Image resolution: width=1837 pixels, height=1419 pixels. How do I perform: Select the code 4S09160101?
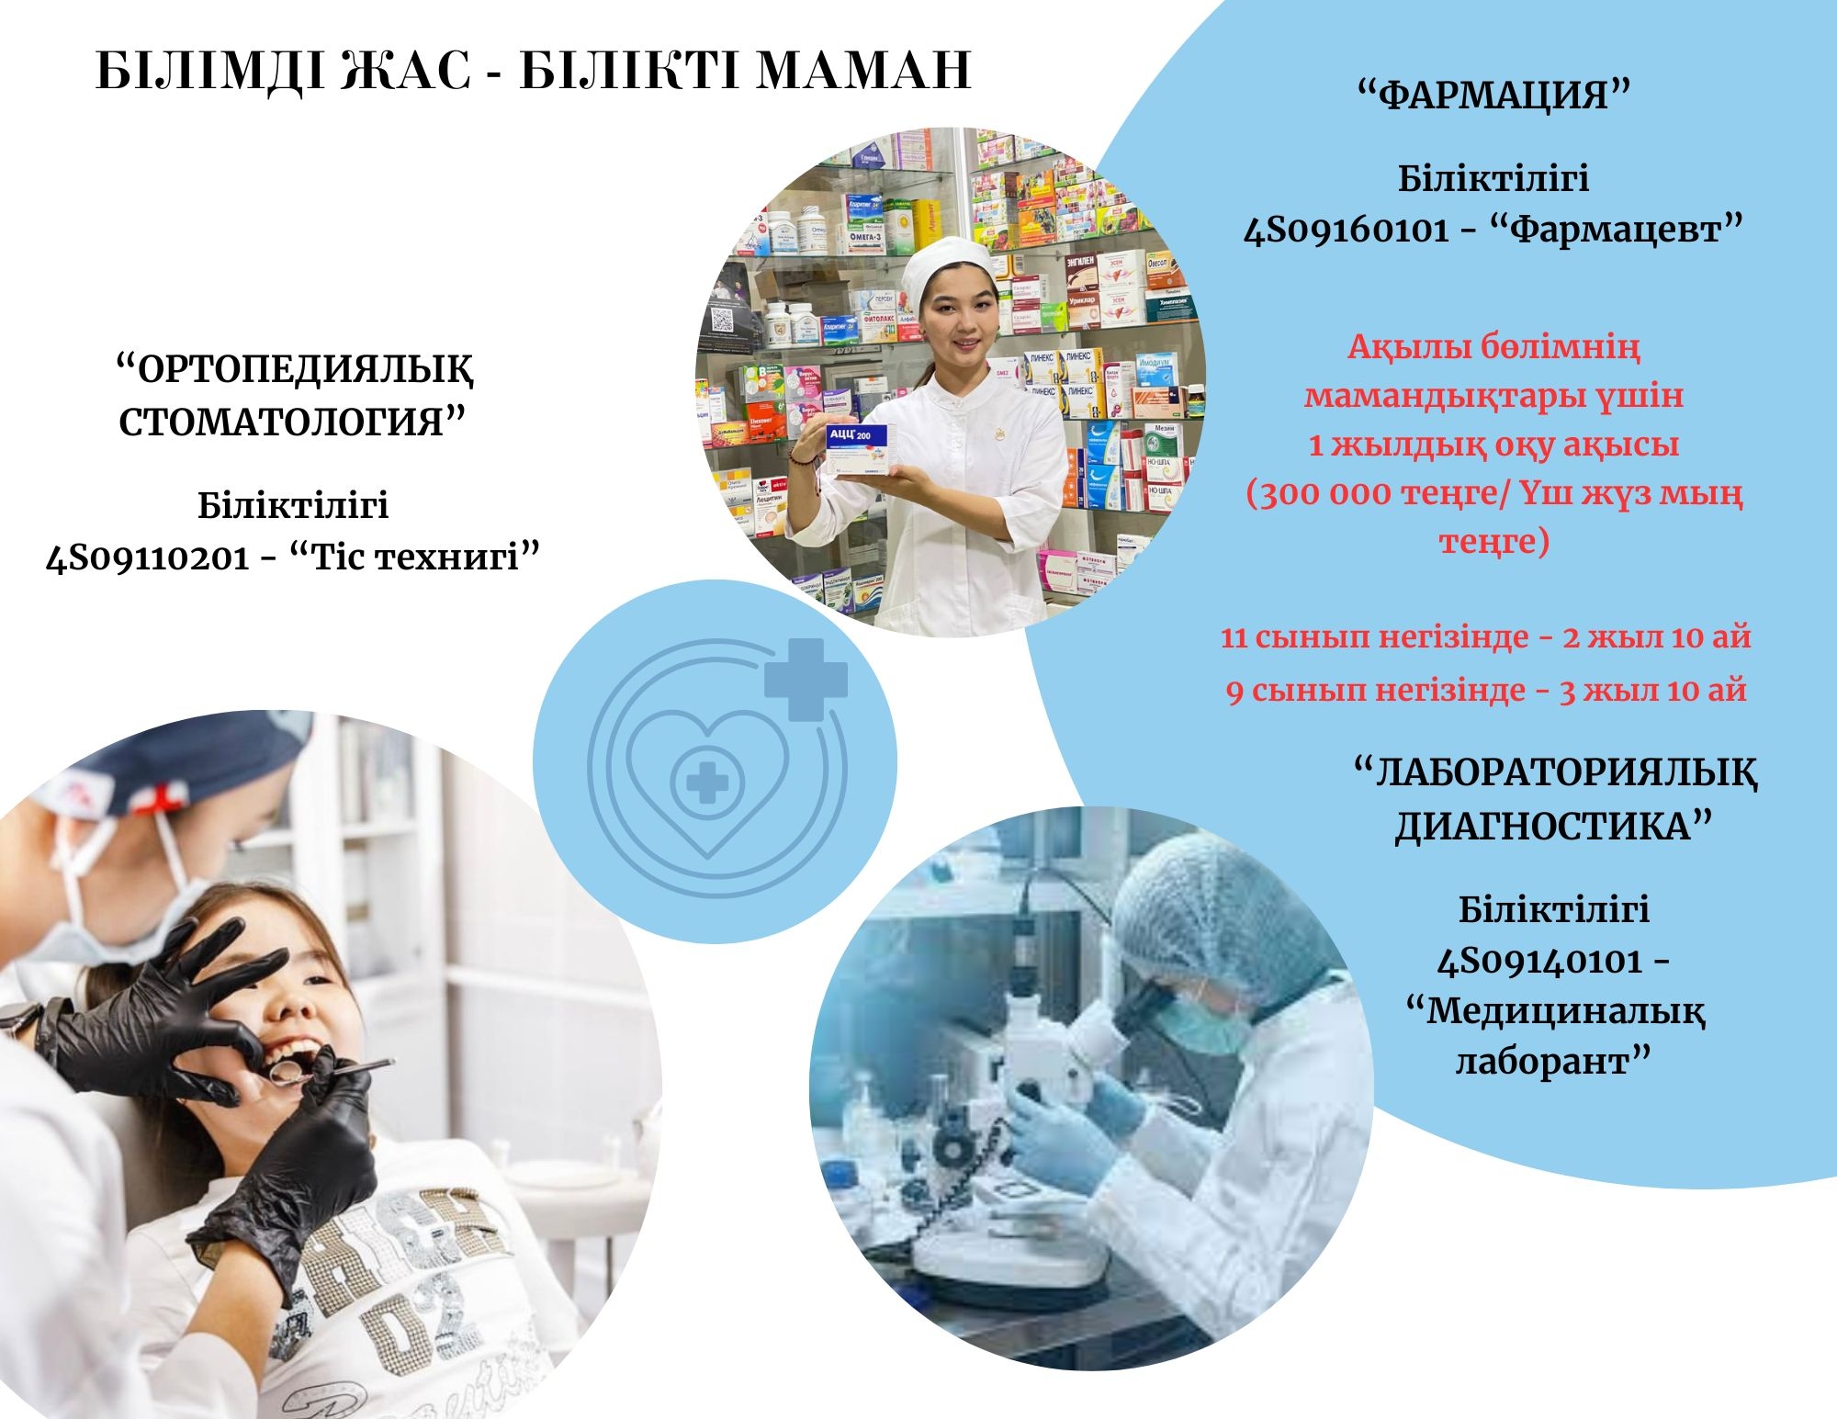tap(1347, 229)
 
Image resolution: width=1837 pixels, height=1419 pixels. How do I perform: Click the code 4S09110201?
tap(147, 557)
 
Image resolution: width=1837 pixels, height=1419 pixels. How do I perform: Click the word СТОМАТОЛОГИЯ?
tap(282, 422)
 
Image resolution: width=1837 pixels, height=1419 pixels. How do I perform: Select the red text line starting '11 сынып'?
tap(1485, 636)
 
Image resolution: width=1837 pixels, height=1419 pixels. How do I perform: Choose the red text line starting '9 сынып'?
tap(1485, 690)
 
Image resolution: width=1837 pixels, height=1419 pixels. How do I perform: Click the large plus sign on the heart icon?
tap(806, 680)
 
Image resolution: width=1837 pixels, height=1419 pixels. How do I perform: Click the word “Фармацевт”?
tap(1616, 229)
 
